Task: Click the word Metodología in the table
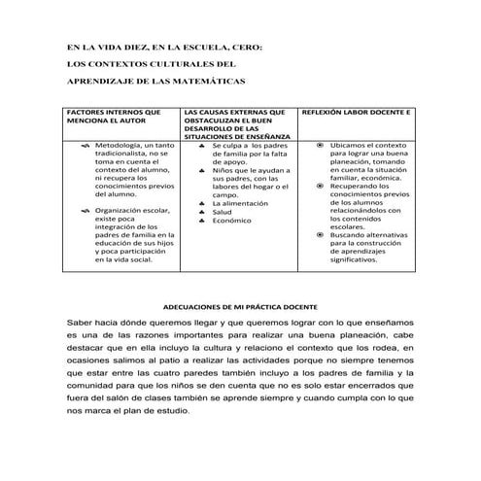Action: tap(116, 145)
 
